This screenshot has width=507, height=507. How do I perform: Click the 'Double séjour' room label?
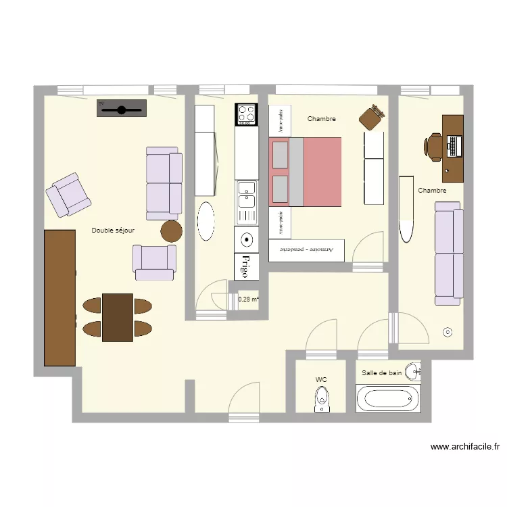coord(113,231)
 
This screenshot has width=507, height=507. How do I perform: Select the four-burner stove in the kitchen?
coord(247,114)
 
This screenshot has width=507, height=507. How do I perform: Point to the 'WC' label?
coord(321,380)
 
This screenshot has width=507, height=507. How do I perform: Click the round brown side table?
coord(172,231)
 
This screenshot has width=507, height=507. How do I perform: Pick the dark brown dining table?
coord(117,317)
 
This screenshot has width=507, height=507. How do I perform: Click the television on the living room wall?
coord(122,108)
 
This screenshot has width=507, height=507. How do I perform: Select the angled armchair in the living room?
coord(68,195)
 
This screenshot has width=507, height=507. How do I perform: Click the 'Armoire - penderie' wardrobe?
coord(306,249)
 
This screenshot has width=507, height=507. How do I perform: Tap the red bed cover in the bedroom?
coord(322,171)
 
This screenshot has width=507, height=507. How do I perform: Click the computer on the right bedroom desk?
coord(452,145)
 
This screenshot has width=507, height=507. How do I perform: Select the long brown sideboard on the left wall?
coord(59,297)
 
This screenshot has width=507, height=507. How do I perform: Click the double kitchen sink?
coord(246,202)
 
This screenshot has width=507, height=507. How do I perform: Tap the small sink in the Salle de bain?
coord(416,370)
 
